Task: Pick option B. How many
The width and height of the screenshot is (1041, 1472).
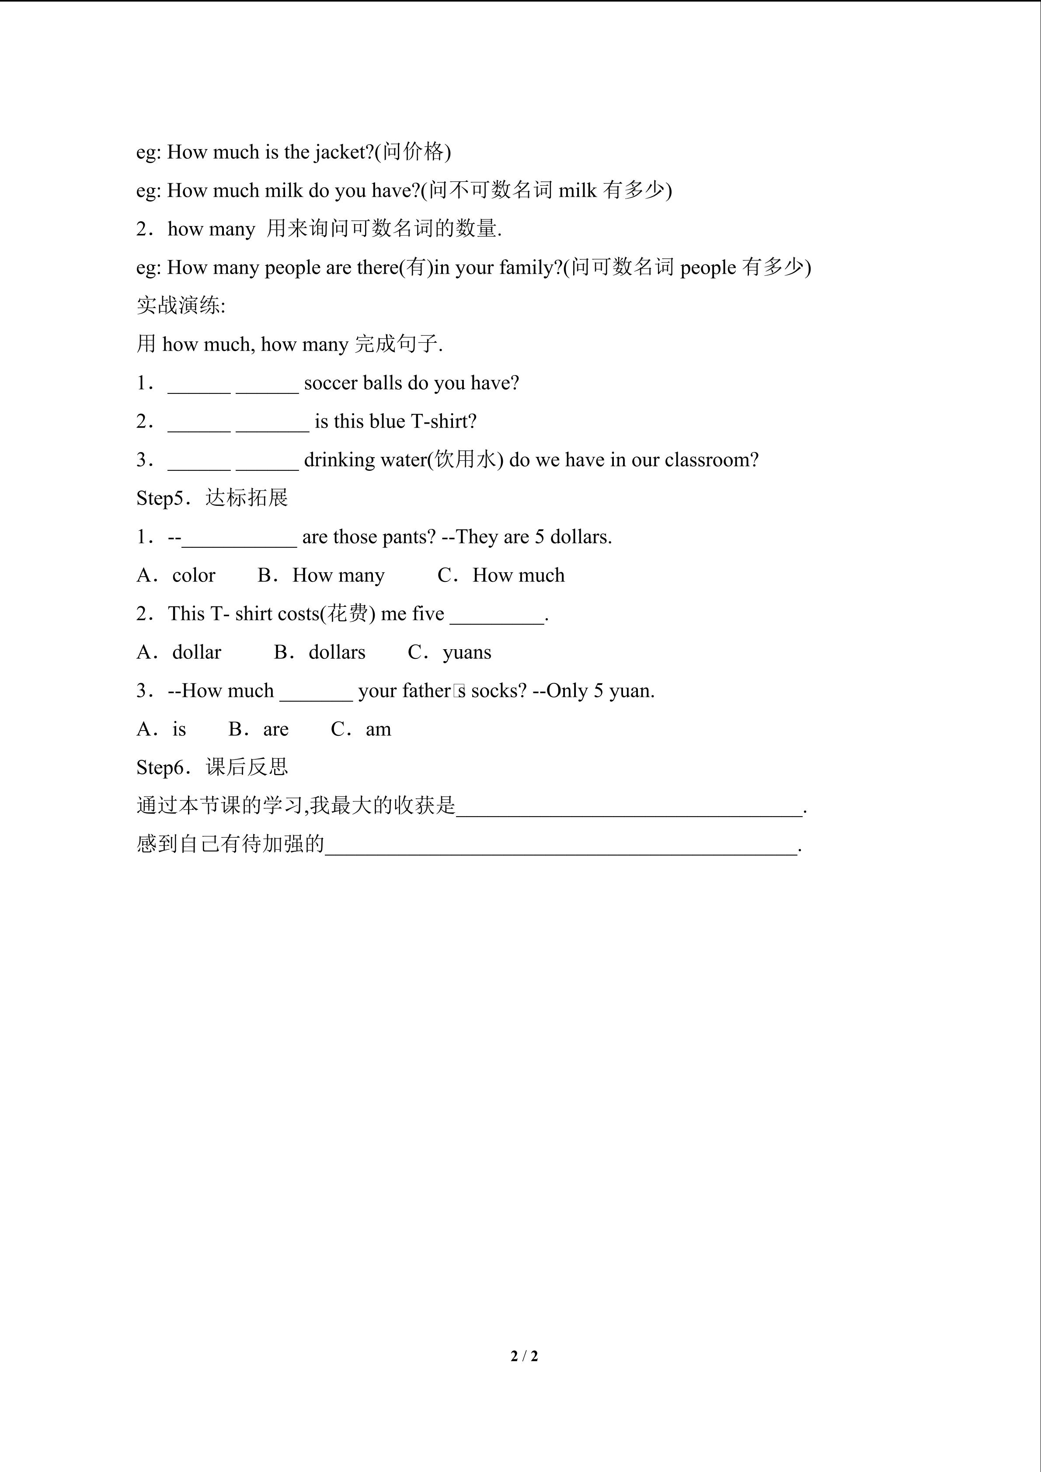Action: tap(321, 576)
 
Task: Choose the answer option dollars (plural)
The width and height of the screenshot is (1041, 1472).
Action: tap(337, 653)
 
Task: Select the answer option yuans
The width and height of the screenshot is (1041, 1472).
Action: tap(467, 653)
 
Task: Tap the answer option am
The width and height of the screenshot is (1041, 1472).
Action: tap(378, 730)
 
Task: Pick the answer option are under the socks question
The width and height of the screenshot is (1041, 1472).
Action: tap(275, 730)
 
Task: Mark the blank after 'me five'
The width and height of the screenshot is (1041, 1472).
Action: tap(497, 616)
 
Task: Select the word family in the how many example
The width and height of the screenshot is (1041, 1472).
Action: tap(524, 268)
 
